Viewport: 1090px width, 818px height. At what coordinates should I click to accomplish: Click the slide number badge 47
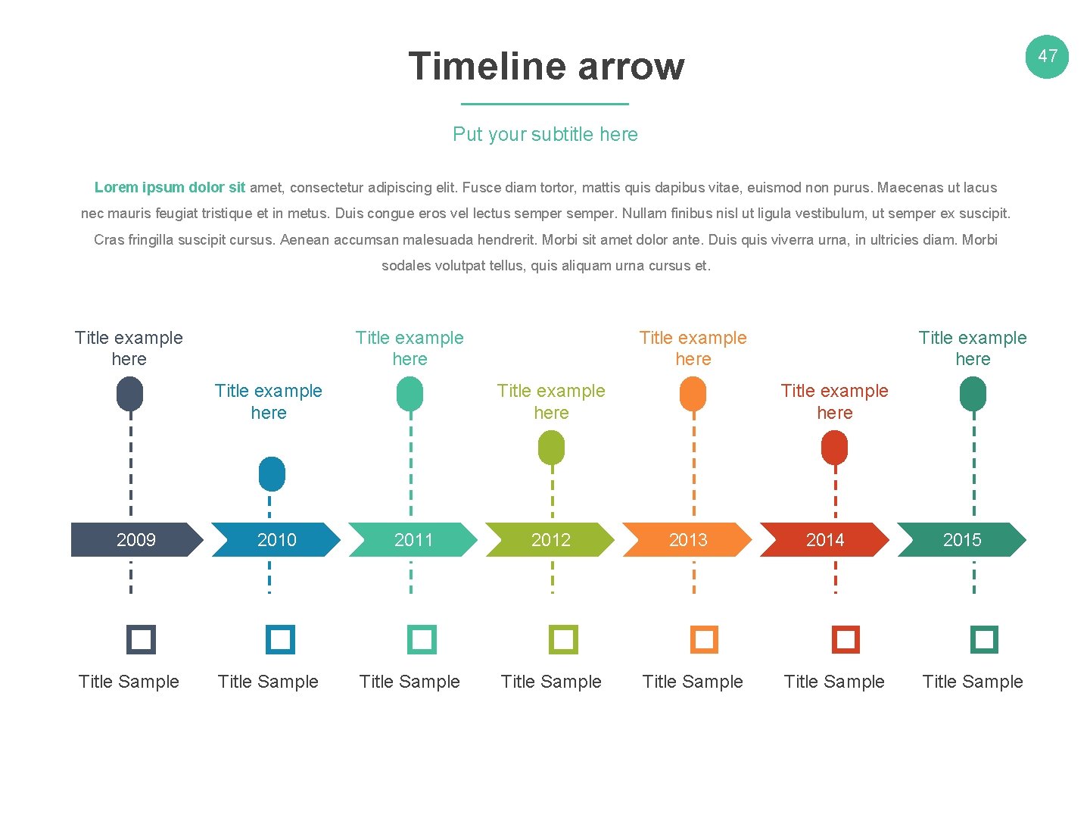(1047, 56)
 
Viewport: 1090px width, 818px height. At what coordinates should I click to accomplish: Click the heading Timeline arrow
(546, 66)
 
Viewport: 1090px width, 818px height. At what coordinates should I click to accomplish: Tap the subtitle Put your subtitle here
(545, 134)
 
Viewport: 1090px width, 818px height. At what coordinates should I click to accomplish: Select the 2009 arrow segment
(135, 540)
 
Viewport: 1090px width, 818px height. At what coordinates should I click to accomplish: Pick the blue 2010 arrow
(276, 540)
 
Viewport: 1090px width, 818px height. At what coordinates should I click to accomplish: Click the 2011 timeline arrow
(413, 540)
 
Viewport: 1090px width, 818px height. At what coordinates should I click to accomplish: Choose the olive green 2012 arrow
(550, 540)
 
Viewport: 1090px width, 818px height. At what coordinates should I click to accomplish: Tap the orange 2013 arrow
(687, 540)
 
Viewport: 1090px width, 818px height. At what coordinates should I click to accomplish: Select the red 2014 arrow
(824, 540)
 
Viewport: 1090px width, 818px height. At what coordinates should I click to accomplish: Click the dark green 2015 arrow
(961, 540)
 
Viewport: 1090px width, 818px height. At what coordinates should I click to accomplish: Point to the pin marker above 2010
(272, 474)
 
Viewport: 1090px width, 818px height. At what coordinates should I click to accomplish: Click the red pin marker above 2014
(834, 448)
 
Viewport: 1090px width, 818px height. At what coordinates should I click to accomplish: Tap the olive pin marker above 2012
(551, 448)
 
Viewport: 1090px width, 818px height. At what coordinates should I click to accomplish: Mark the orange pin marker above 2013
(693, 395)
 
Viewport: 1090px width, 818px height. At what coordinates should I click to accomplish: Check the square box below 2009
(141, 639)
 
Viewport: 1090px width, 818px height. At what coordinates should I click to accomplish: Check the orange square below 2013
(704, 639)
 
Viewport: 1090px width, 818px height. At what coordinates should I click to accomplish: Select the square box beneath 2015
(984, 639)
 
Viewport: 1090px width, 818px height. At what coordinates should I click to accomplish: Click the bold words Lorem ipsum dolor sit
(170, 187)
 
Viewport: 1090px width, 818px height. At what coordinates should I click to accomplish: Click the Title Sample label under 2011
(410, 682)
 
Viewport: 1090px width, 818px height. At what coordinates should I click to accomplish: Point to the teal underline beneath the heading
(545, 104)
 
